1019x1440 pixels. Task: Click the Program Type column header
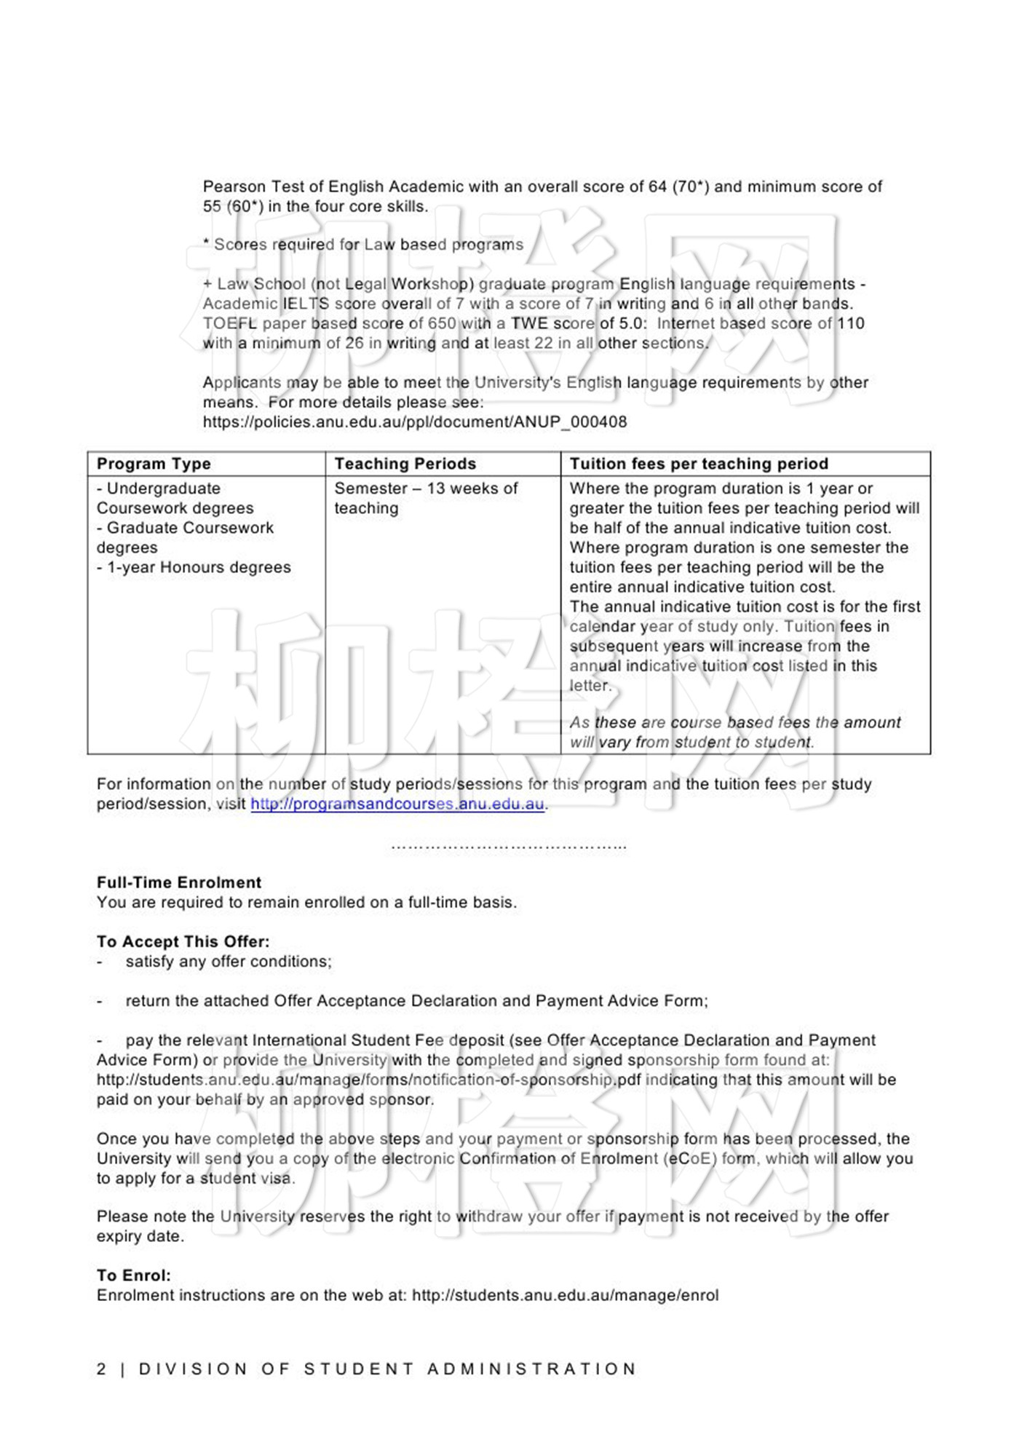(x=154, y=464)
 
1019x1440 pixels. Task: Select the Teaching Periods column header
(x=405, y=464)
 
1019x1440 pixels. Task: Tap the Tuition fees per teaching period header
(x=699, y=464)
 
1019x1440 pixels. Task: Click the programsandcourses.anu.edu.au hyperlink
(x=397, y=804)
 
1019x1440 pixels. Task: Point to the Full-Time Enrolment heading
(x=179, y=882)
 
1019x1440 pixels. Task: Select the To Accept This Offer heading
(x=183, y=941)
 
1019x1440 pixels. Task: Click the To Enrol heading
(x=134, y=1275)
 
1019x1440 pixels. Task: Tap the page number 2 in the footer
(x=101, y=1369)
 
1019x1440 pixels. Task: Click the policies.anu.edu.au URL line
(x=414, y=422)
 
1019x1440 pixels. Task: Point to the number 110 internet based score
(x=850, y=323)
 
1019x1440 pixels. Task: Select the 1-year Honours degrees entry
(x=194, y=567)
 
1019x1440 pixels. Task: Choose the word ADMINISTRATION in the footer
(x=532, y=1369)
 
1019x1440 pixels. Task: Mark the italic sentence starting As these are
(x=735, y=732)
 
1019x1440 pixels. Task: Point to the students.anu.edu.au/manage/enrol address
(x=565, y=1295)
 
